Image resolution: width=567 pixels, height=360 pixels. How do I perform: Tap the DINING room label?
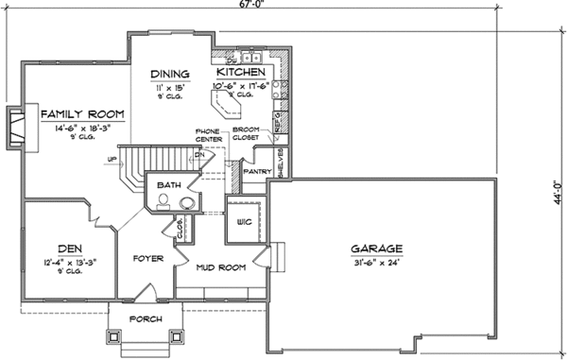[x=171, y=74]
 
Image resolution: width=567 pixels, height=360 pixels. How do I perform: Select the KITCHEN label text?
[x=240, y=73]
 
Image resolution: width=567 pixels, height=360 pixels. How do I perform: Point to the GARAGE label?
[x=377, y=249]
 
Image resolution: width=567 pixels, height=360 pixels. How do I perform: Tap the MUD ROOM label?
[x=220, y=267]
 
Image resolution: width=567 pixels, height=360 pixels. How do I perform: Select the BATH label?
[x=169, y=185]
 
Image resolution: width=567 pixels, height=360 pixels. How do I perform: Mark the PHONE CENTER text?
[x=209, y=135]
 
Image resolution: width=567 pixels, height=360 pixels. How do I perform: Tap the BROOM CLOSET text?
[x=259, y=135]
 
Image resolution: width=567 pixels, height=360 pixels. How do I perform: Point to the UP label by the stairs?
[x=113, y=159]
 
